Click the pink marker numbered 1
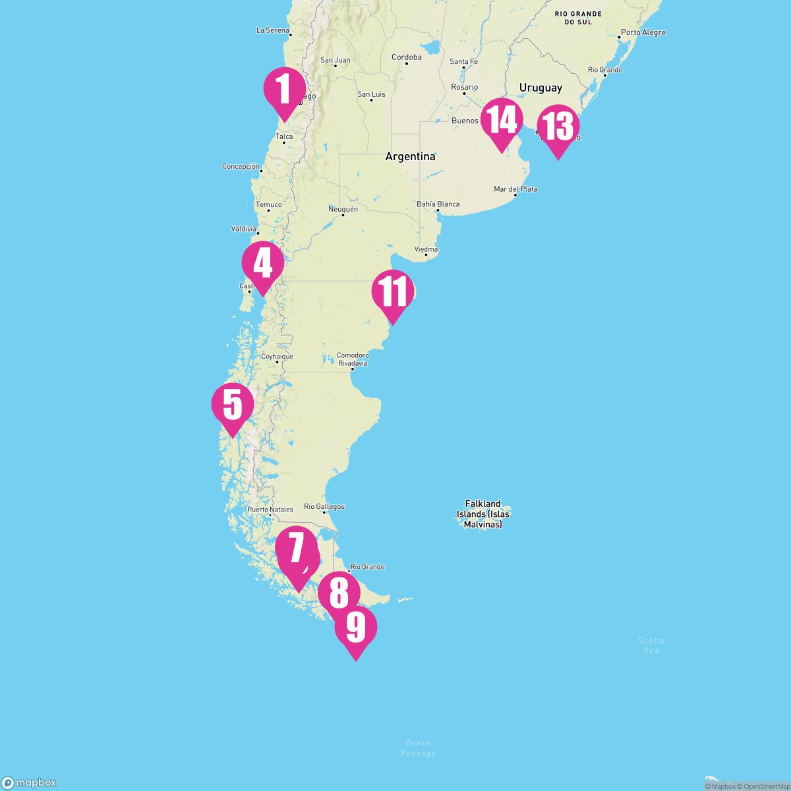[284, 90]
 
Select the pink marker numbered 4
[262, 264]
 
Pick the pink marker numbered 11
[393, 293]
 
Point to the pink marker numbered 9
[356, 628]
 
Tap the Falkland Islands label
[483, 514]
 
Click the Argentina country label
[410, 157]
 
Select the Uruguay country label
[541, 88]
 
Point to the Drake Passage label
[418, 748]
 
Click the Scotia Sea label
[651, 645]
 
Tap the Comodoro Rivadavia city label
[353, 359]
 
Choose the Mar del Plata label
[515, 189]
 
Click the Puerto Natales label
[270, 510]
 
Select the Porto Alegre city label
[643, 32]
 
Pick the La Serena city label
[272, 30]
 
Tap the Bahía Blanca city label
[438, 204]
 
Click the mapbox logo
[29, 782]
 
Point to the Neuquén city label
[343, 209]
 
